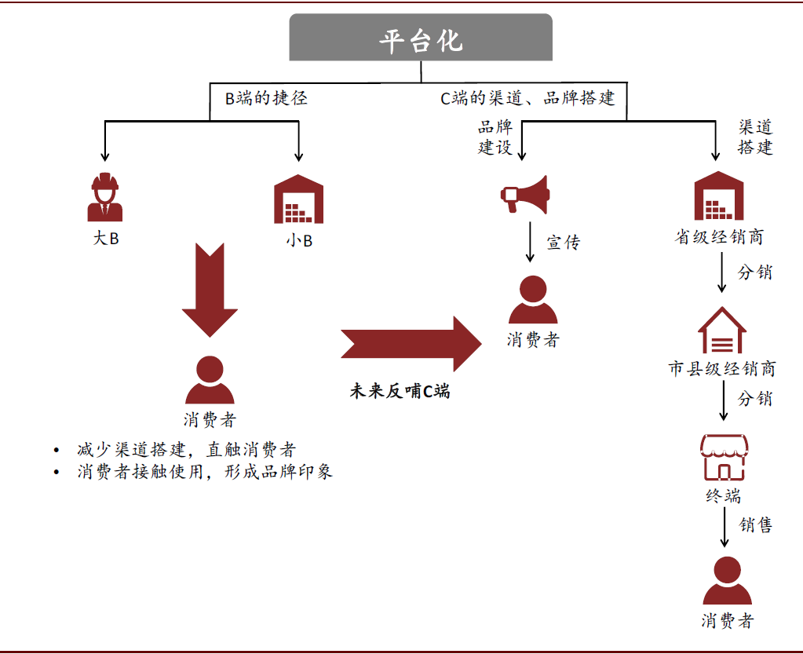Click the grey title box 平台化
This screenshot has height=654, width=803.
coord(421,38)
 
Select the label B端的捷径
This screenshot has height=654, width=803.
coord(266,98)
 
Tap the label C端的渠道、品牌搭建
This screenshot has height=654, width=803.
coord(527,98)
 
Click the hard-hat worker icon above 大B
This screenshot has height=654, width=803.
coord(104,198)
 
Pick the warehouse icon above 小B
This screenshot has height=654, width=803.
coord(298,199)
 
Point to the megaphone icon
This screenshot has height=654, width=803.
coord(525,194)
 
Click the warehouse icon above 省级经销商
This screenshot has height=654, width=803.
coord(718,196)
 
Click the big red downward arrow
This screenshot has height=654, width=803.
coord(210,290)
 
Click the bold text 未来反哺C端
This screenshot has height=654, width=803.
coord(400,391)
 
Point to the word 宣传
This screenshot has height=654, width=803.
coord(563,243)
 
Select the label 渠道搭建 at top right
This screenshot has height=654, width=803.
coord(755,137)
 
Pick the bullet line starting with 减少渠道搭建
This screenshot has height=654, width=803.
coord(186,450)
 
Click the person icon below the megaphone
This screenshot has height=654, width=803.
coord(533,301)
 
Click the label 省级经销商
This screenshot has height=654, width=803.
coord(719,236)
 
